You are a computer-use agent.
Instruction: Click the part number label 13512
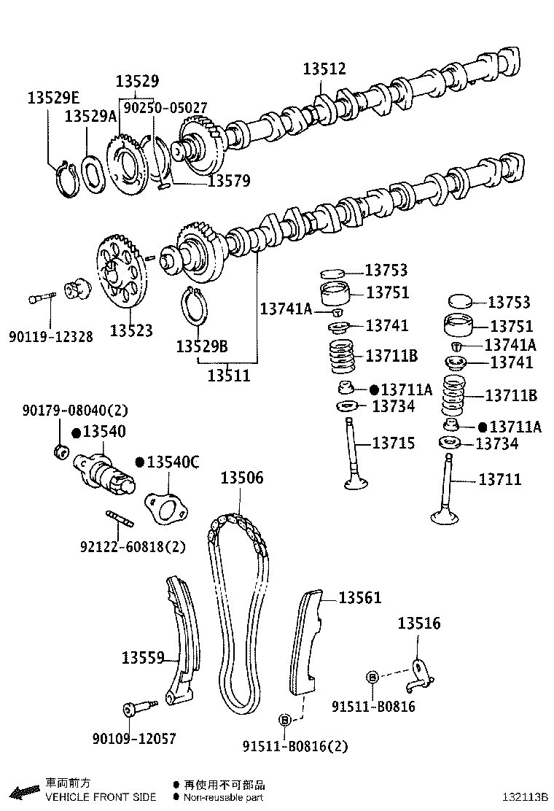pos(324,69)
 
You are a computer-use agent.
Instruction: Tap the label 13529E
pos(54,97)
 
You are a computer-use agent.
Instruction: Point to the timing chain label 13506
pos(242,478)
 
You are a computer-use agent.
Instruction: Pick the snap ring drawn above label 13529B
pos(192,305)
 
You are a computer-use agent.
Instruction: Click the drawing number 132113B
pos(523,797)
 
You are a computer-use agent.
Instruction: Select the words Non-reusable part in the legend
pos(223,797)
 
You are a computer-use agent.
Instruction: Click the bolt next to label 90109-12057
pos(139,707)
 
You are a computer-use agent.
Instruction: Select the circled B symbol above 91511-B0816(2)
pos(285,721)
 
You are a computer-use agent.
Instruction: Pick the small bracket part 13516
pos(419,675)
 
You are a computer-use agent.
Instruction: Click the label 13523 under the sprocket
pos(132,330)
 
